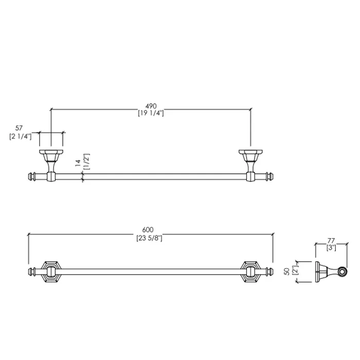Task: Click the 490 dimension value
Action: click(x=151, y=106)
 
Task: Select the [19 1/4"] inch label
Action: click(x=151, y=113)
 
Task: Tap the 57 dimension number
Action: click(x=19, y=128)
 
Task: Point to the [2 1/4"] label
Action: click(x=21, y=136)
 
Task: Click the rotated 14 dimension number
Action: click(x=78, y=163)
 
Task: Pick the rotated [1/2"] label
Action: click(x=87, y=161)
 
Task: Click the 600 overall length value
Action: click(x=148, y=230)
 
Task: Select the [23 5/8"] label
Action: click(x=149, y=238)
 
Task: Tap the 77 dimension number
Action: click(x=331, y=241)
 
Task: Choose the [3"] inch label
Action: click(x=331, y=248)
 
